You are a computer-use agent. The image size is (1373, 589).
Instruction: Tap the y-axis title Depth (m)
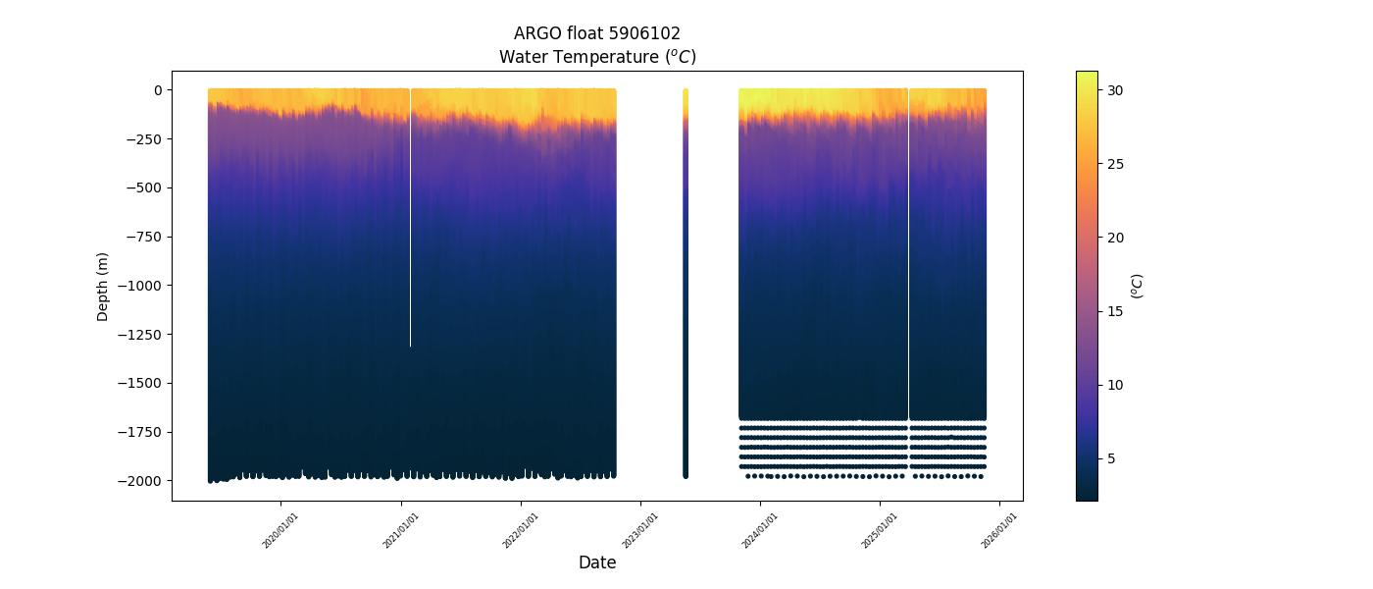point(102,286)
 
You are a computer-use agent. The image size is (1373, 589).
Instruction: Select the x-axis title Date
point(597,562)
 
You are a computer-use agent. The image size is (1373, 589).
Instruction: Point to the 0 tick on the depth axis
point(154,90)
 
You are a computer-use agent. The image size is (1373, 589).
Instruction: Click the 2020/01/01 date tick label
point(280,529)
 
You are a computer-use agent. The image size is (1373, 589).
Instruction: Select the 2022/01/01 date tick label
point(520,529)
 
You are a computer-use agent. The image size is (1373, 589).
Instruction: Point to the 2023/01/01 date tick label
point(639,529)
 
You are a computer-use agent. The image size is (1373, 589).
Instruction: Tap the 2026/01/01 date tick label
point(998,529)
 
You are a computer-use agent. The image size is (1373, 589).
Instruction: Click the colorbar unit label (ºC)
point(1138,286)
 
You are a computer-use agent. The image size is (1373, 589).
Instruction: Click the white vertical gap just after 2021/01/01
point(410,216)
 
